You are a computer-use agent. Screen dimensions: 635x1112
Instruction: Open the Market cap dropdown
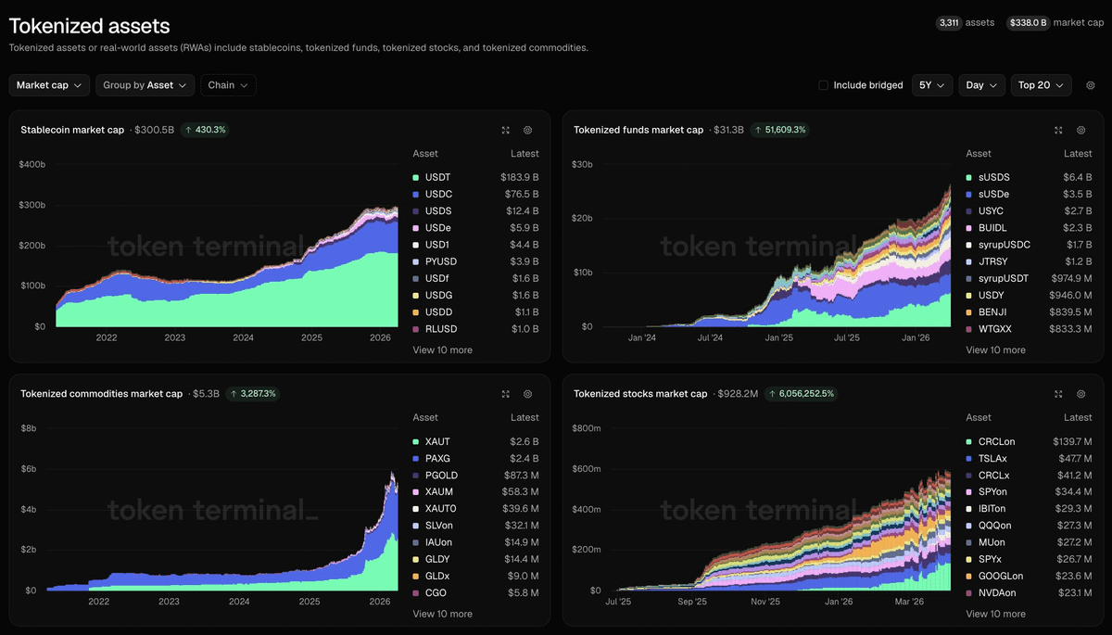[49, 85]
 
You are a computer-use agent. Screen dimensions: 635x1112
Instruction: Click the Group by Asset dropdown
[145, 85]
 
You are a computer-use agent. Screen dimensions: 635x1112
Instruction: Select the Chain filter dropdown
[228, 85]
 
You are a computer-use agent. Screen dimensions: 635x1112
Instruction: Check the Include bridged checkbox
[823, 85]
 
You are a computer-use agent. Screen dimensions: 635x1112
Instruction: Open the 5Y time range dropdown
[932, 85]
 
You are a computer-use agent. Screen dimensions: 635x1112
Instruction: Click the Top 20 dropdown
[1041, 85]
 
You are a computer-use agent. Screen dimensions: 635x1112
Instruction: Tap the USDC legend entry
[438, 195]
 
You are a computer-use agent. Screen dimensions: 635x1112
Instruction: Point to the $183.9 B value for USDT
[519, 177]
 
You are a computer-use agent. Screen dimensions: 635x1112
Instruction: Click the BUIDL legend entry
[992, 228]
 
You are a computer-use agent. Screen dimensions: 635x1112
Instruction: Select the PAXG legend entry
[437, 459]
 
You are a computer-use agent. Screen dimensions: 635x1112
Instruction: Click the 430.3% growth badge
[205, 130]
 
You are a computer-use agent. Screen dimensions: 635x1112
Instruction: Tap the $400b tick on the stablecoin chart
[32, 164]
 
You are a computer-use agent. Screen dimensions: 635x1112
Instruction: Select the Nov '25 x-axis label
[764, 602]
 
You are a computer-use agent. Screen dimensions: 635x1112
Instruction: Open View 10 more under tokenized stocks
[995, 614]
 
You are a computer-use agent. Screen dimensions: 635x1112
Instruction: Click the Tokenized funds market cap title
[638, 130]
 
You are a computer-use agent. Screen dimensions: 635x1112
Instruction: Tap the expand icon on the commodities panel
[505, 394]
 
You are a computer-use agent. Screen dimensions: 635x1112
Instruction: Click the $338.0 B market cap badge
[1028, 22]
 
